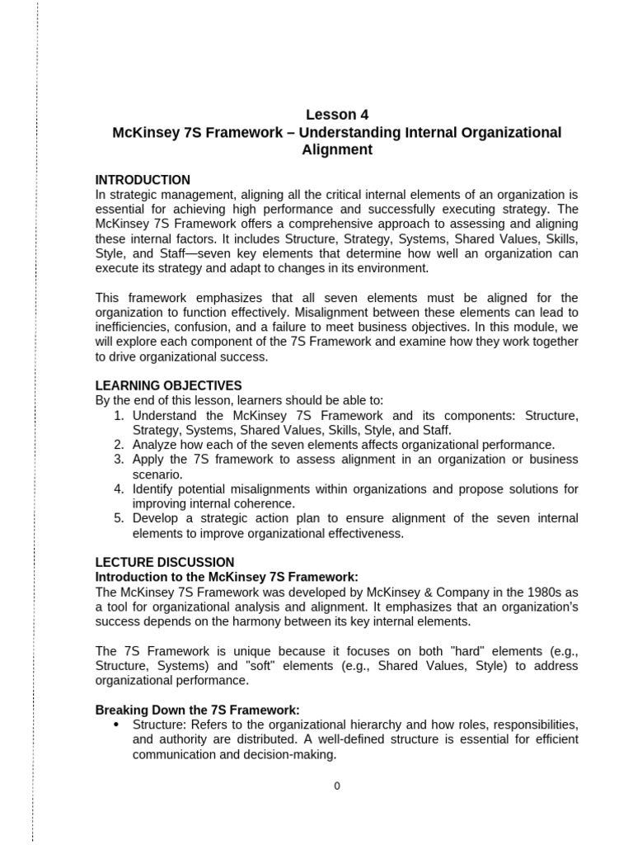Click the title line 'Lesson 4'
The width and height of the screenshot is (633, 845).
336,115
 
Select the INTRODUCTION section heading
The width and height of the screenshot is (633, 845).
143,180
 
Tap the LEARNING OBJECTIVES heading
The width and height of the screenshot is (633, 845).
169,385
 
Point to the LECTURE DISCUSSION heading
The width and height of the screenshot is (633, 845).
165,562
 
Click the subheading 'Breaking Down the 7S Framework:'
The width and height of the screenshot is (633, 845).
197,710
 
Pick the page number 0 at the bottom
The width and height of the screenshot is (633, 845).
336,786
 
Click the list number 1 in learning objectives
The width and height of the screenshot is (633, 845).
119,415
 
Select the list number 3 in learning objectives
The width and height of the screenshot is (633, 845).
119,459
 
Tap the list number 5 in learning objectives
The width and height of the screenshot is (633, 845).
119,518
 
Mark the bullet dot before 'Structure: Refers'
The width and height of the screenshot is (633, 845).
115,725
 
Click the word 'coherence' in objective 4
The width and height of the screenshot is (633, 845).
268,503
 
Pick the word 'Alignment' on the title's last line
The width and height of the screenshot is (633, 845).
336,150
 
